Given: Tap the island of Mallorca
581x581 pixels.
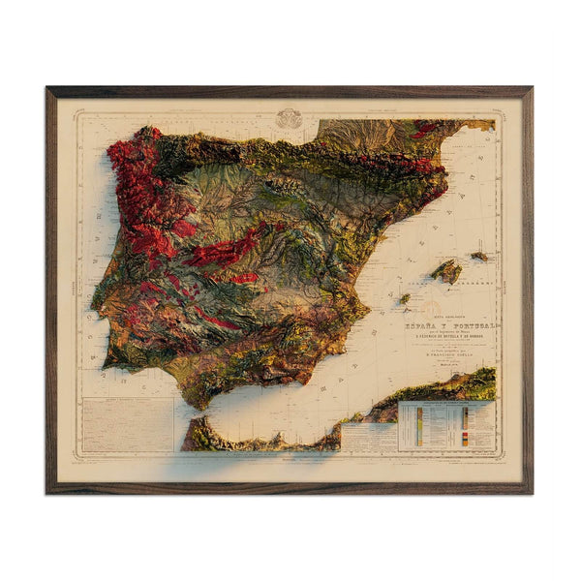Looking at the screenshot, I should (x=446, y=271).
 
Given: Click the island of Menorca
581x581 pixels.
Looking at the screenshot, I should (x=479, y=257).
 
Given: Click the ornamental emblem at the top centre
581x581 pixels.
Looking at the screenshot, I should (x=289, y=119).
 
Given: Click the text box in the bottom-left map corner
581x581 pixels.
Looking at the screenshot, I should (x=124, y=424).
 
